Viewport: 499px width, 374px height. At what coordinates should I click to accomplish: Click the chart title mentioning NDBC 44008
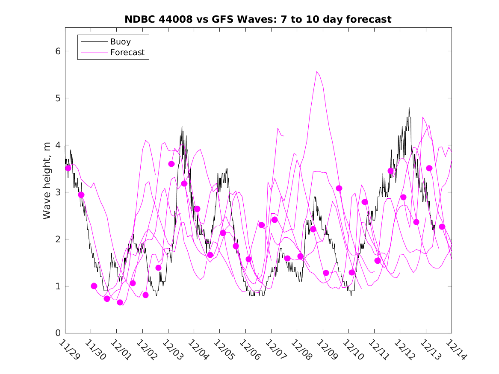(258, 19)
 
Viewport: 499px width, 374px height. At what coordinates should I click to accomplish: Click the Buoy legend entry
(120, 42)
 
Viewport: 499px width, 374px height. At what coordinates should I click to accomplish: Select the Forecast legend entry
(127, 53)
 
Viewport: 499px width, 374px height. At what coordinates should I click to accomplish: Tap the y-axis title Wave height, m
(47, 181)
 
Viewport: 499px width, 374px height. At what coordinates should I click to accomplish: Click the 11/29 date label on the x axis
(69, 350)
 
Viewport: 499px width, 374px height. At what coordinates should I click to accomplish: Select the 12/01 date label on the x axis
(121, 350)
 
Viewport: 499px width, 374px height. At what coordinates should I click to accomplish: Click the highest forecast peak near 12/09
(316, 72)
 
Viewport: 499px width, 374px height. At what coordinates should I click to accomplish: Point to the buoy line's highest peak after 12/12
(409, 108)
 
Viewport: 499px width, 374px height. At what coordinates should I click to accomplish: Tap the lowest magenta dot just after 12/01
(120, 303)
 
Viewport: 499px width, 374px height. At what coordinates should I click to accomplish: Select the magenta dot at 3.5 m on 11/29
(68, 168)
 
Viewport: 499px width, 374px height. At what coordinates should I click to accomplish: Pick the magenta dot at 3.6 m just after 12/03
(171, 164)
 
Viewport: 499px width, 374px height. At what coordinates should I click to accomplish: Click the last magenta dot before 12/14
(442, 227)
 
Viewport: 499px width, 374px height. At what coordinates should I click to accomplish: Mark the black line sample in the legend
(94, 42)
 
